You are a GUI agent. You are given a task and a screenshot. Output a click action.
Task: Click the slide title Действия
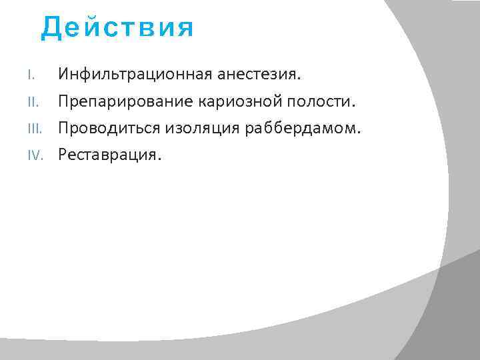[117, 28]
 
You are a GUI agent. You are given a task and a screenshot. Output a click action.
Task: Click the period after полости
[354, 106]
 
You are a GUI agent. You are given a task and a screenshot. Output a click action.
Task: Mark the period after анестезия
[299, 79]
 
